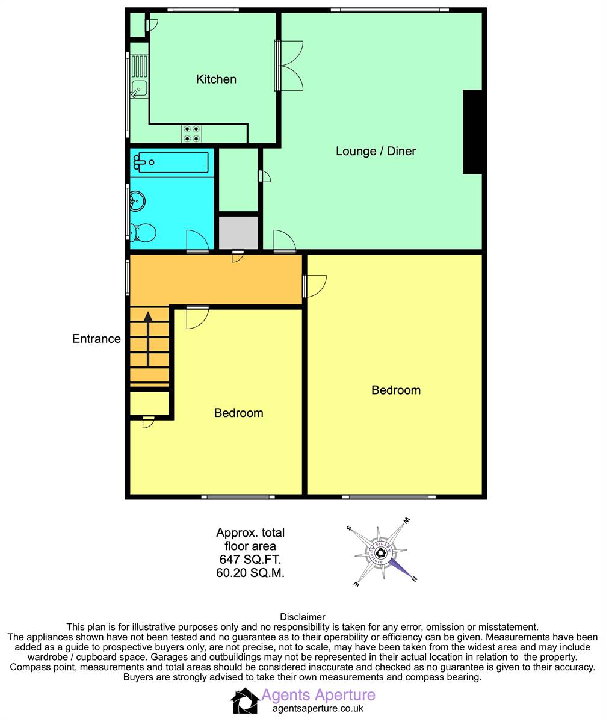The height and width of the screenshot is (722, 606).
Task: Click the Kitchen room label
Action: (x=216, y=79)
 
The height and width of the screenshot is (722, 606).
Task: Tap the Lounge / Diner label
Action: (x=376, y=151)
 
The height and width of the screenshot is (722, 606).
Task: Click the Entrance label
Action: (x=96, y=339)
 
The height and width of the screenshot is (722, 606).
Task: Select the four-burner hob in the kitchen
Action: (x=191, y=134)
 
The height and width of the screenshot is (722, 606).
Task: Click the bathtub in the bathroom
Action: (x=172, y=162)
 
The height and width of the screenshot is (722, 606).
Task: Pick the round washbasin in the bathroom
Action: (x=137, y=201)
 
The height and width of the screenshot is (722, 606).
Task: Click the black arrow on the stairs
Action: (x=148, y=339)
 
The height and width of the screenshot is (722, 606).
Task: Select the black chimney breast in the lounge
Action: (x=472, y=132)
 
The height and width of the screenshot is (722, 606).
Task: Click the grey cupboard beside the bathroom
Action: (x=238, y=233)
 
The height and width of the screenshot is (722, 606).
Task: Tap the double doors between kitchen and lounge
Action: (x=289, y=66)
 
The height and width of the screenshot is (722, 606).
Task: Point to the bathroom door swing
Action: (x=198, y=241)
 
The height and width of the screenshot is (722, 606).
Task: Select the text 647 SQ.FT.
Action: (x=250, y=559)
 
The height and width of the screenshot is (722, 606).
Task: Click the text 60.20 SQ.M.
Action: (x=250, y=573)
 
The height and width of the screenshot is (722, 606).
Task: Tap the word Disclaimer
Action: (x=303, y=617)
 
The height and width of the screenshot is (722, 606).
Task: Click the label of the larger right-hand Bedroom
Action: (x=396, y=390)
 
